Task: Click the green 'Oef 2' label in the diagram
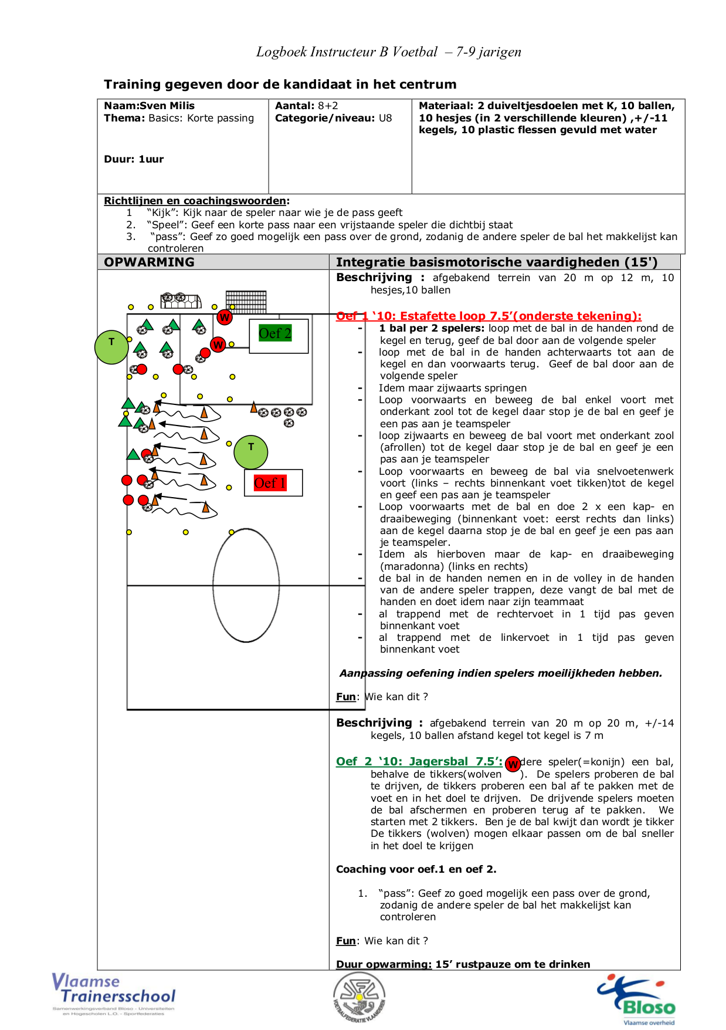tap(275, 333)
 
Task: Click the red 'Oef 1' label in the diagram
tap(270, 483)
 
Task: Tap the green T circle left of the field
tap(111, 347)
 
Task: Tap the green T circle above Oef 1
tap(251, 452)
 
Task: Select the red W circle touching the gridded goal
tap(224, 318)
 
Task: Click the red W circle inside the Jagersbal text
tap(513, 764)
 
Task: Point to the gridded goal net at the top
tap(246, 300)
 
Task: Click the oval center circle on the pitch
tap(246, 585)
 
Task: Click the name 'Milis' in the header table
tap(182, 106)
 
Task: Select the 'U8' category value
tap(385, 118)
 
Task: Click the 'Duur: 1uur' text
tap(134, 159)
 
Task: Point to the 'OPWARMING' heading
tap(149, 262)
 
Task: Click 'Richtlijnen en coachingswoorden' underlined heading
tap(195, 201)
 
